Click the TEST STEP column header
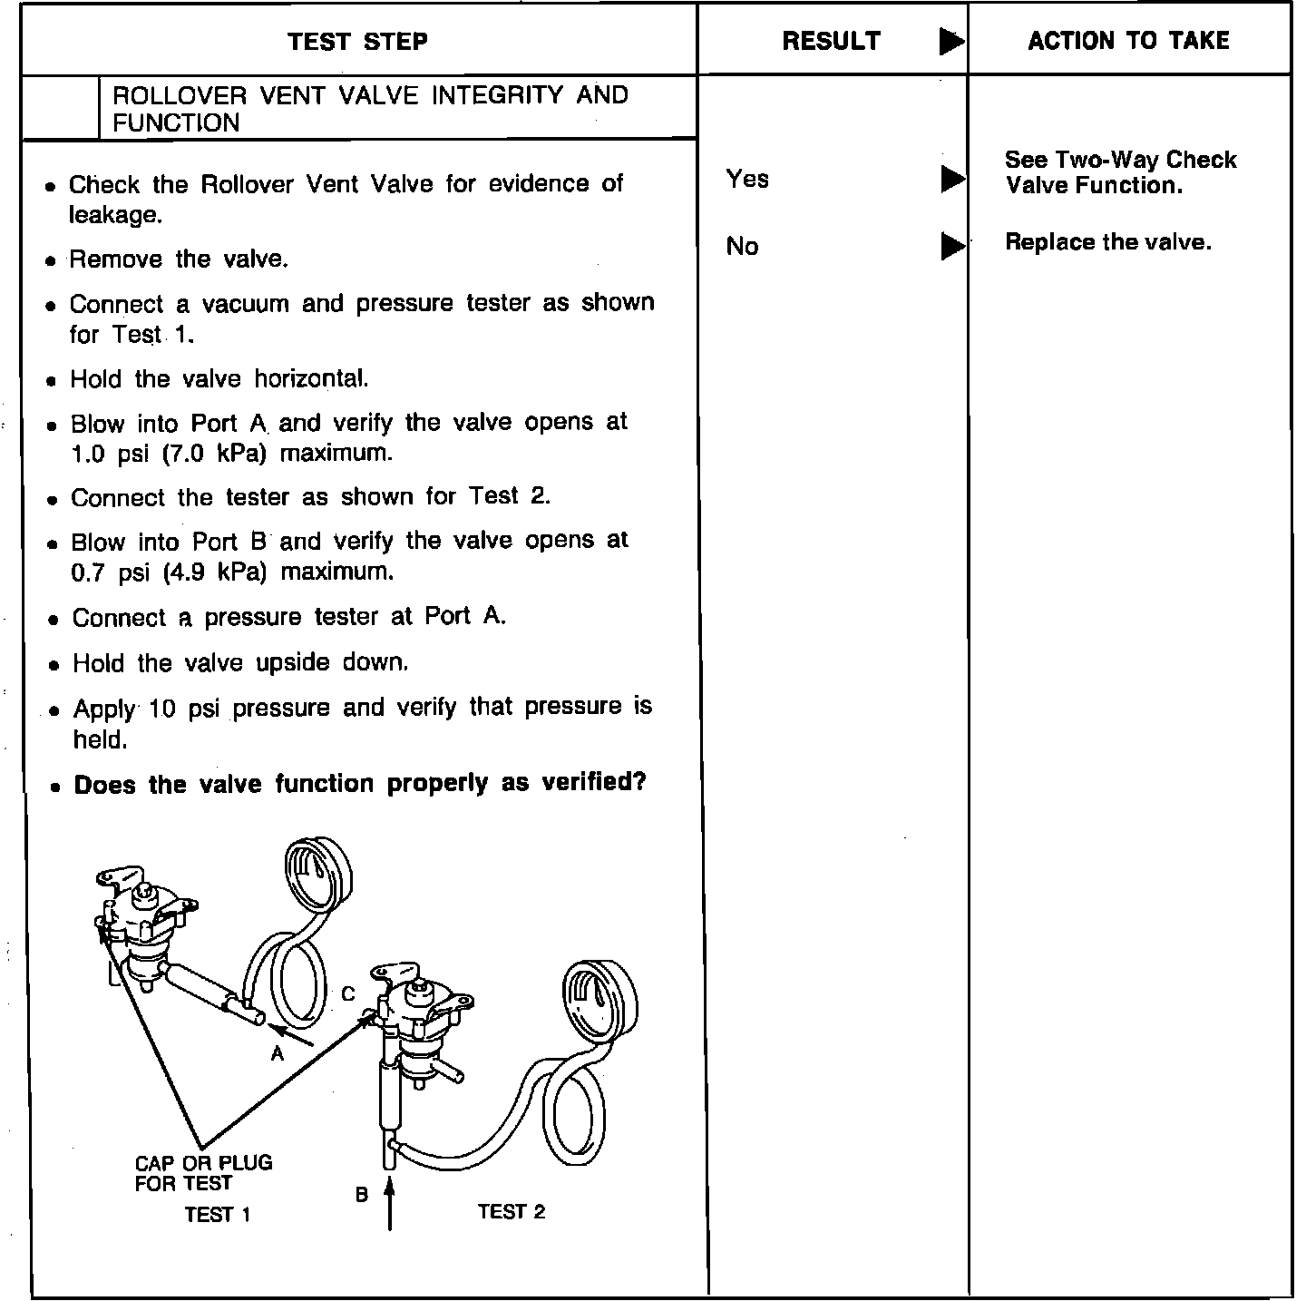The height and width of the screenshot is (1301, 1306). (x=357, y=42)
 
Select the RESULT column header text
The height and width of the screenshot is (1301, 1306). (x=831, y=42)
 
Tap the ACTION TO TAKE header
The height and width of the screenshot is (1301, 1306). (x=1128, y=41)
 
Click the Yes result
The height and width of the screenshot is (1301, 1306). (x=747, y=179)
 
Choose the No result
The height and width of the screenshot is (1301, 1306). (x=742, y=246)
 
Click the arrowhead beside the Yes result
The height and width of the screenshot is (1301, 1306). (x=952, y=179)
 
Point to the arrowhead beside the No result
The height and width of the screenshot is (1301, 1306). (x=952, y=246)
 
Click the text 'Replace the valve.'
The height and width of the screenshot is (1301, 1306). (x=1107, y=242)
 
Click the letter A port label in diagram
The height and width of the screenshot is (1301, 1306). (x=278, y=1053)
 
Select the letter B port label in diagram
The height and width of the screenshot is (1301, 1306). (x=361, y=1195)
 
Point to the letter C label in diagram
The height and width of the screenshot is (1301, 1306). (x=347, y=994)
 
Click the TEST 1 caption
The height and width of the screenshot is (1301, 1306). (x=217, y=1214)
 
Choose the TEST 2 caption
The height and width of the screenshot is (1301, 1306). (x=512, y=1211)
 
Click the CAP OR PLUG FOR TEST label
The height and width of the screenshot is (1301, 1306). (x=203, y=1172)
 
